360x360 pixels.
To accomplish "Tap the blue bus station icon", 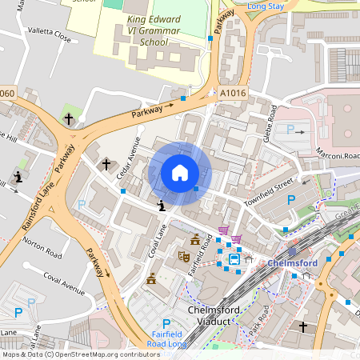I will point(234,259).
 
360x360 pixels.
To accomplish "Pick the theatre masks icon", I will point(183,258).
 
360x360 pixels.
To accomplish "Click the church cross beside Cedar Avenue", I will point(106,165).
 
